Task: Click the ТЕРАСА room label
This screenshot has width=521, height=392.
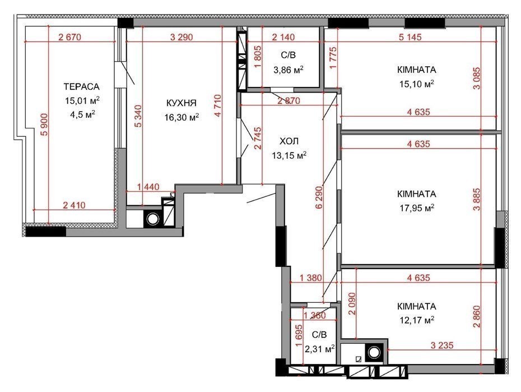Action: point(81,86)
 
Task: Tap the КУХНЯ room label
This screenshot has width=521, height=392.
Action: point(182,103)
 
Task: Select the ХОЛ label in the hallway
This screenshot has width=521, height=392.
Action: point(289,141)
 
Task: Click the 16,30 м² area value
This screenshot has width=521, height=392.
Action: point(182,117)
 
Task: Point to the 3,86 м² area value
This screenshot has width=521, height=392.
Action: point(288,70)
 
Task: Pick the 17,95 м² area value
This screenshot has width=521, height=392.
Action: point(417,208)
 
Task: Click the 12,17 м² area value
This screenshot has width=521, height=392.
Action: point(417,320)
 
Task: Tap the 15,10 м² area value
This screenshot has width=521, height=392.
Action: point(417,84)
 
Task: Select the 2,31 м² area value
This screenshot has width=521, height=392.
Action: point(319,349)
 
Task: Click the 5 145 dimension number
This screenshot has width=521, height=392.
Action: point(410,37)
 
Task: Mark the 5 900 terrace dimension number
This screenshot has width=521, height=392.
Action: point(44,124)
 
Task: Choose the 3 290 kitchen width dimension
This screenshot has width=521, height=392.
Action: point(182,37)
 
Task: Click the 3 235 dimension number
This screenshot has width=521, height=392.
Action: point(442,345)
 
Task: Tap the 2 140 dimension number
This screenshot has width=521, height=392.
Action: point(283,37)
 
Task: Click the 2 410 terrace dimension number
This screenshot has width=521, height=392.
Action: point(74,205)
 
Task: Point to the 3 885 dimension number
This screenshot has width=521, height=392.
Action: point(477,200)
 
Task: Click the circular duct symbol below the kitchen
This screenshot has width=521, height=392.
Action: point(153,219)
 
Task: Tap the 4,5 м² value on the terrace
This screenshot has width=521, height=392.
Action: point(81,115)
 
